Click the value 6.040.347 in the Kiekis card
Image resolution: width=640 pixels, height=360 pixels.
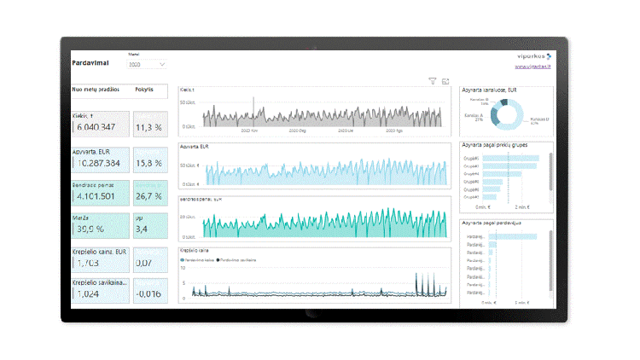pos(97,127)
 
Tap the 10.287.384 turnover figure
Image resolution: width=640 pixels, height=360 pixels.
pos(98,162)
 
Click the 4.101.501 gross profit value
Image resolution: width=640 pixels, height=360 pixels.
pos(96,195)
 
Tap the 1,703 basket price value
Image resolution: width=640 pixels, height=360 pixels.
pos(88,264)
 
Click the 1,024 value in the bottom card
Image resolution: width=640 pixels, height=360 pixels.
pos(88,293)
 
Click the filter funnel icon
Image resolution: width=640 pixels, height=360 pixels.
pos(433,81)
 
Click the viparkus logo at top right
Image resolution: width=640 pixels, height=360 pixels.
pos(530,55)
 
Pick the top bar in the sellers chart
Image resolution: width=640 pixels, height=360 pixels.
pos(511,235)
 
